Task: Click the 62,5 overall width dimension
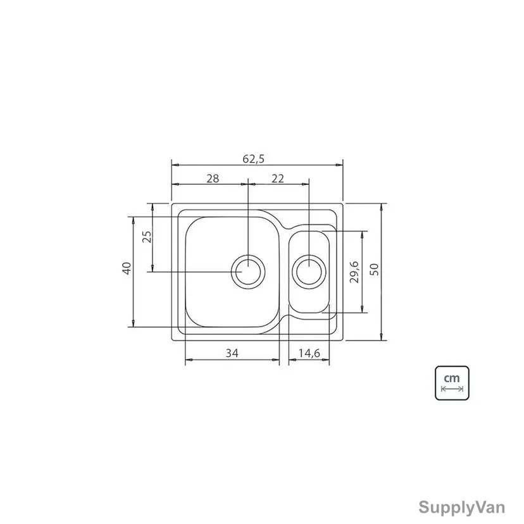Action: [x=253, y=159]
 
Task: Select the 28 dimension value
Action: [x=213, y=178]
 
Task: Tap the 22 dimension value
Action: [x=278, y=178]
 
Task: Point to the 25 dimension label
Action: [x=147, y=237]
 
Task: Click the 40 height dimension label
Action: [x=127, y=268]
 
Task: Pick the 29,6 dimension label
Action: [x=354, y=271]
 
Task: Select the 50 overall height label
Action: [x=375, y=269]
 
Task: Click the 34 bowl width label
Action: [x=232, y=353]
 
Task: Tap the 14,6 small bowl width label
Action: [x=309, y=353]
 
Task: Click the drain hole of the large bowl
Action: [x=248, y=271]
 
